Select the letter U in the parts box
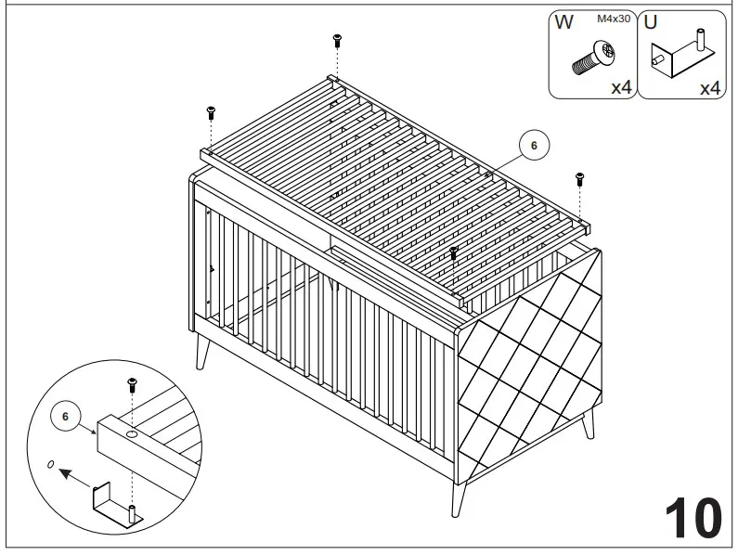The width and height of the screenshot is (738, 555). click(x=651, y=23)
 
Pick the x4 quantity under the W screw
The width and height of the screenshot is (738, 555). click(x=621, y=88)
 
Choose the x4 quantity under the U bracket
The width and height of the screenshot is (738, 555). click(x=709, y=88)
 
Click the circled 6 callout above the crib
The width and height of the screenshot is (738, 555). click(x=534, y=145)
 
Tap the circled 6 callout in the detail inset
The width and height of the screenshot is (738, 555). click(x=65, y=417)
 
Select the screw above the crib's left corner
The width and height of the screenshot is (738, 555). click(x=211, y=112)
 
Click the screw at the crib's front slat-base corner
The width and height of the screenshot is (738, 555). click(x=454, y=252)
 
